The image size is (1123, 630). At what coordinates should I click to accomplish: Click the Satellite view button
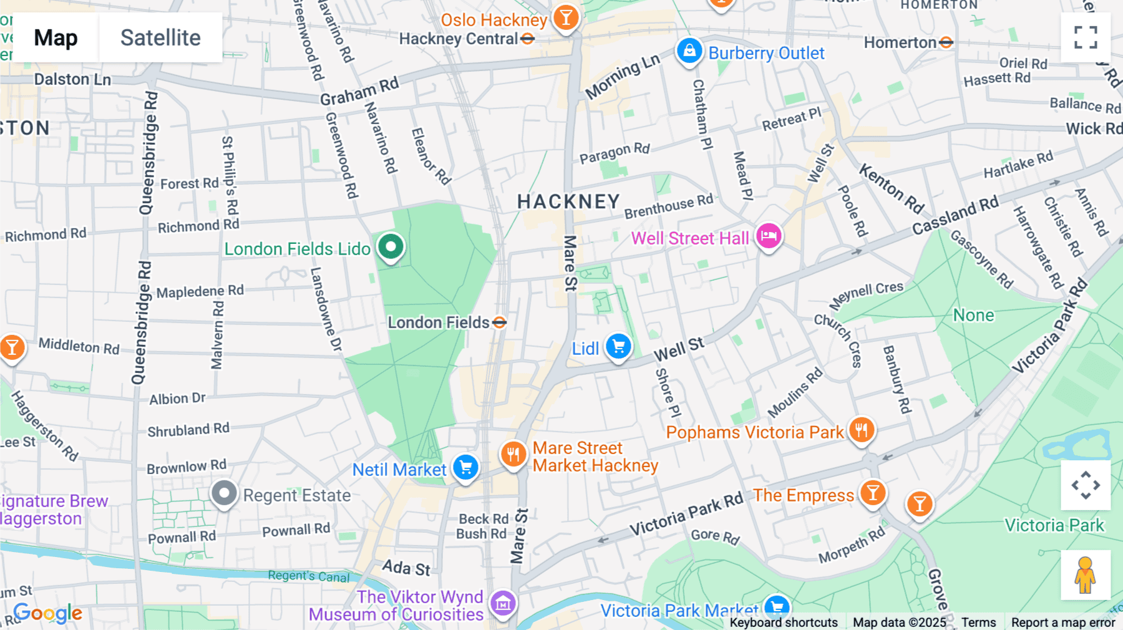pyautogui.click(x=160, y=37)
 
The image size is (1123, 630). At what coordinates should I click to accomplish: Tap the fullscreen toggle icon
pyautogui.click(x=1086, y=37)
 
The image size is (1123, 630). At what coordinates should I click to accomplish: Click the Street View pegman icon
pyautogui.click(x=1085, y=574)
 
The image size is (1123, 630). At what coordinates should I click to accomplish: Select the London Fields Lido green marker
pyautogui.click(x=391, y=246)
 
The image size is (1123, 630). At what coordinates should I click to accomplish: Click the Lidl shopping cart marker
pyautogui.click(x=618, y=346)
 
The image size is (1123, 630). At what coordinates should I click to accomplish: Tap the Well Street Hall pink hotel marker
pyautogui.click(x=769, y=236)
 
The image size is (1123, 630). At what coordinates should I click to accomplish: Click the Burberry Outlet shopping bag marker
pyautogui.click(x=689, y=51)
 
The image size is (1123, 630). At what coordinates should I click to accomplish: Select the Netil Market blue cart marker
pyautogui.click(x=465, y=468)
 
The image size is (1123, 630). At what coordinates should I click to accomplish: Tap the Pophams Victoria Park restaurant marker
pyautogui.click(x=861, y=430)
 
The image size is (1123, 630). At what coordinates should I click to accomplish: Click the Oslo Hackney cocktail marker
pyautogui.click(x=566, y=19)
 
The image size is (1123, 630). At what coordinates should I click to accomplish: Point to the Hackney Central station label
pyautogui.click(x=459, y=39)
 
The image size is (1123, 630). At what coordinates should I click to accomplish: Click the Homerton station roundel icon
pyautogui.click(x=946, y=42)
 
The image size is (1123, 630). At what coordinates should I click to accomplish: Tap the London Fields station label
pyautogui.click(x=439, y=322)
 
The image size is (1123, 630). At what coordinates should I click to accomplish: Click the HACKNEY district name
pyautogui.click(x=568, y=201)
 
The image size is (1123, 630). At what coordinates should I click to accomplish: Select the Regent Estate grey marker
pyautogui.click(x=224, y=494)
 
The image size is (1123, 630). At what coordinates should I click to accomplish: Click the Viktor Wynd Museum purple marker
pyautogui.click(x=503, y=603)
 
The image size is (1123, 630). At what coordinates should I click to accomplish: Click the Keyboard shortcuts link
pyautogui.click(x=784, y=622)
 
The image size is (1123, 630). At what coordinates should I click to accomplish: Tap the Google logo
pyautogui.click(x=48, y=613)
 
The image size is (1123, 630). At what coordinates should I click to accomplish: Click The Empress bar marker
pyautogui.click(x=873, y=493)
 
